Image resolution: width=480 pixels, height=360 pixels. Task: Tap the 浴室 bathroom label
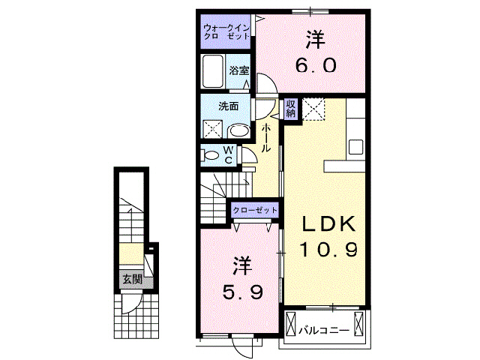[x=238, y=70]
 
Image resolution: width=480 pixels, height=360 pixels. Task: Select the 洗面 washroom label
[x=228, y=106]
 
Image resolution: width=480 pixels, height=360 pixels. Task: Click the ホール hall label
[x=266, y=138]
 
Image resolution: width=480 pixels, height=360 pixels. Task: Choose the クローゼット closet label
[x=255, y=211]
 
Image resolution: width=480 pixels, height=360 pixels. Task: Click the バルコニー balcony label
[x=323, y=329]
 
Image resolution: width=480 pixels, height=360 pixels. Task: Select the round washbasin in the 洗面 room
[x=239, y=130]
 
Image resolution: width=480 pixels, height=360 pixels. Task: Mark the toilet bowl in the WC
[x=208, y=155]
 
